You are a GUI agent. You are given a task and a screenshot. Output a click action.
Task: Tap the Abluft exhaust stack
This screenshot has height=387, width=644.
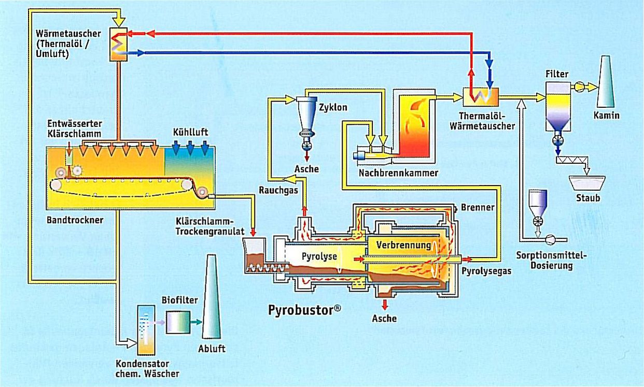pyautogui.click(x=212, y=297)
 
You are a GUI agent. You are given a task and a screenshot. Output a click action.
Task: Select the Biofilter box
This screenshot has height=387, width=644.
pyautogui.click(x=178, y=322)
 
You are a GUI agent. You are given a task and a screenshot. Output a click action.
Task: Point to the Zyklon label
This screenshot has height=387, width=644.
pyautogui.click(x=333, y=107)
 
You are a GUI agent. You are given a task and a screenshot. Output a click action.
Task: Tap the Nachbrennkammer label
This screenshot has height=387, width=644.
pyautogui.click(x=398, y=173)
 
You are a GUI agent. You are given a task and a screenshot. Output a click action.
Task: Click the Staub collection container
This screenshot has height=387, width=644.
pyautogui.click(x=587, y=183)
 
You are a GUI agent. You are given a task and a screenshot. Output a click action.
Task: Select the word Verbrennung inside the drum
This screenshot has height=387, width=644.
pyautogui.click(x=403, y=245)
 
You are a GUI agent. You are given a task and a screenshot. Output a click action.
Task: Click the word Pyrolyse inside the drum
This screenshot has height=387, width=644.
pyautogui.click(x=319, y=256)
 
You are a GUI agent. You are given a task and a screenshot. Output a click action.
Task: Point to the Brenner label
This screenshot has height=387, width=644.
pyautogui.click(x=478, y=207)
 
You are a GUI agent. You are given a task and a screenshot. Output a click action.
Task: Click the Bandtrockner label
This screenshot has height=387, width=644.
pyautogui.click(x=75, y=220)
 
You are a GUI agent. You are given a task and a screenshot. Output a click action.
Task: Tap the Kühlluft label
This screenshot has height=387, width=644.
pyautogui.click(x=190, y=132)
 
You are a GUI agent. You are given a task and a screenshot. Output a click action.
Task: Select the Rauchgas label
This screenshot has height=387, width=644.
pyautogui.click(x=278, y=190)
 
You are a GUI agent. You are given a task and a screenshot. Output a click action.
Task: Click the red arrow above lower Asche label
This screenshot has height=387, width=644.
pyautogui.click(x=385, y=305)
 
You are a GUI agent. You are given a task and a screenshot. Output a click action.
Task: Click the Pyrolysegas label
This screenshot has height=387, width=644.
pyautogui.click(x=486, y=271)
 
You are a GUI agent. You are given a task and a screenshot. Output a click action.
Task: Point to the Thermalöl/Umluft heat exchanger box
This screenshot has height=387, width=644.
pyautogui.click(x=118, y=44)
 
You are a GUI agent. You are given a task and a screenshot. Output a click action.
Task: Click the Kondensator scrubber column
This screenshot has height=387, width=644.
pyautogui.click(x=146, y=330)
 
